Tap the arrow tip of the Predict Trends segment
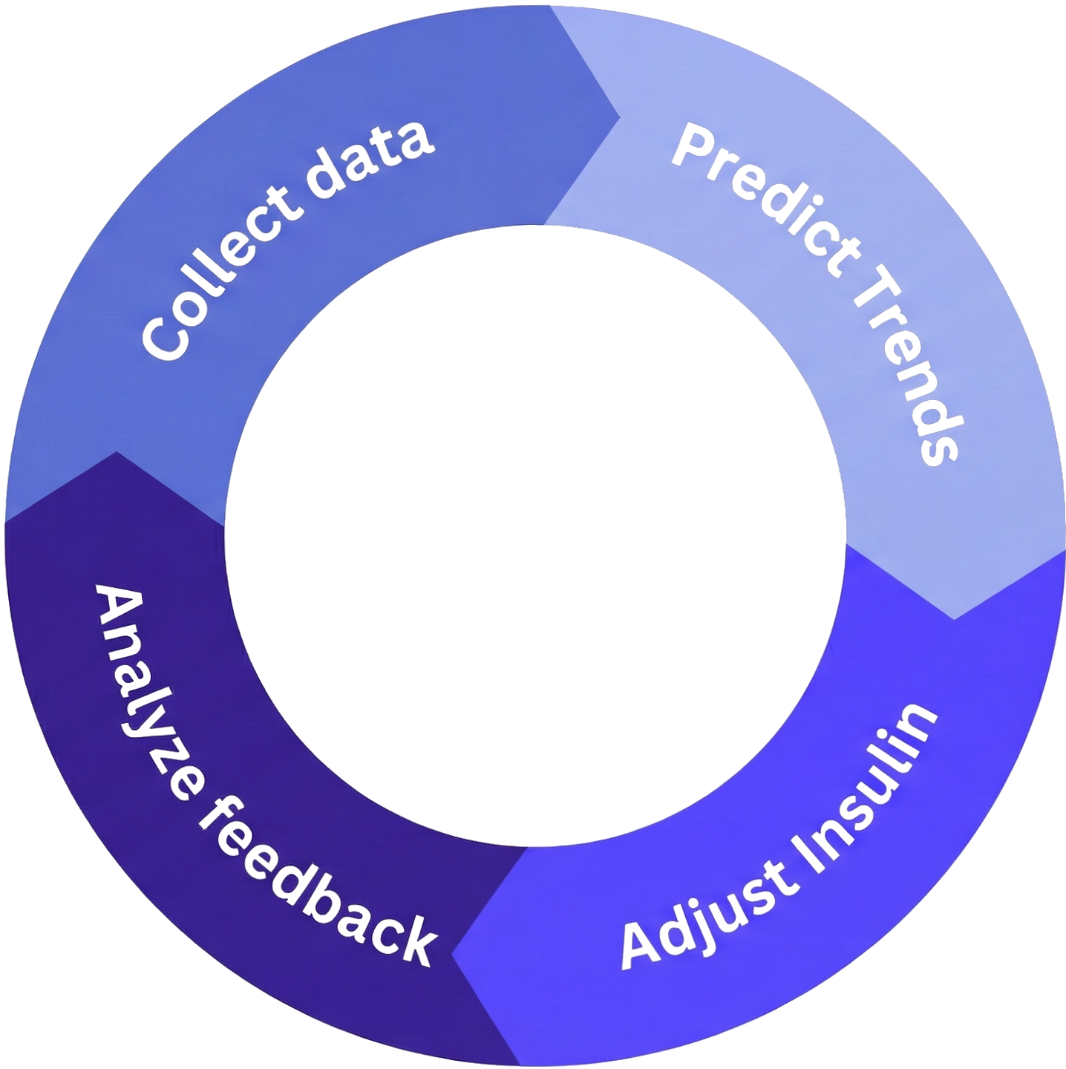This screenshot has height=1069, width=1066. pos(954,618)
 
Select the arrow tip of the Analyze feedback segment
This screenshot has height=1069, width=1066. pos(117,452)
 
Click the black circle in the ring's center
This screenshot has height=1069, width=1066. pos(535,535)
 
